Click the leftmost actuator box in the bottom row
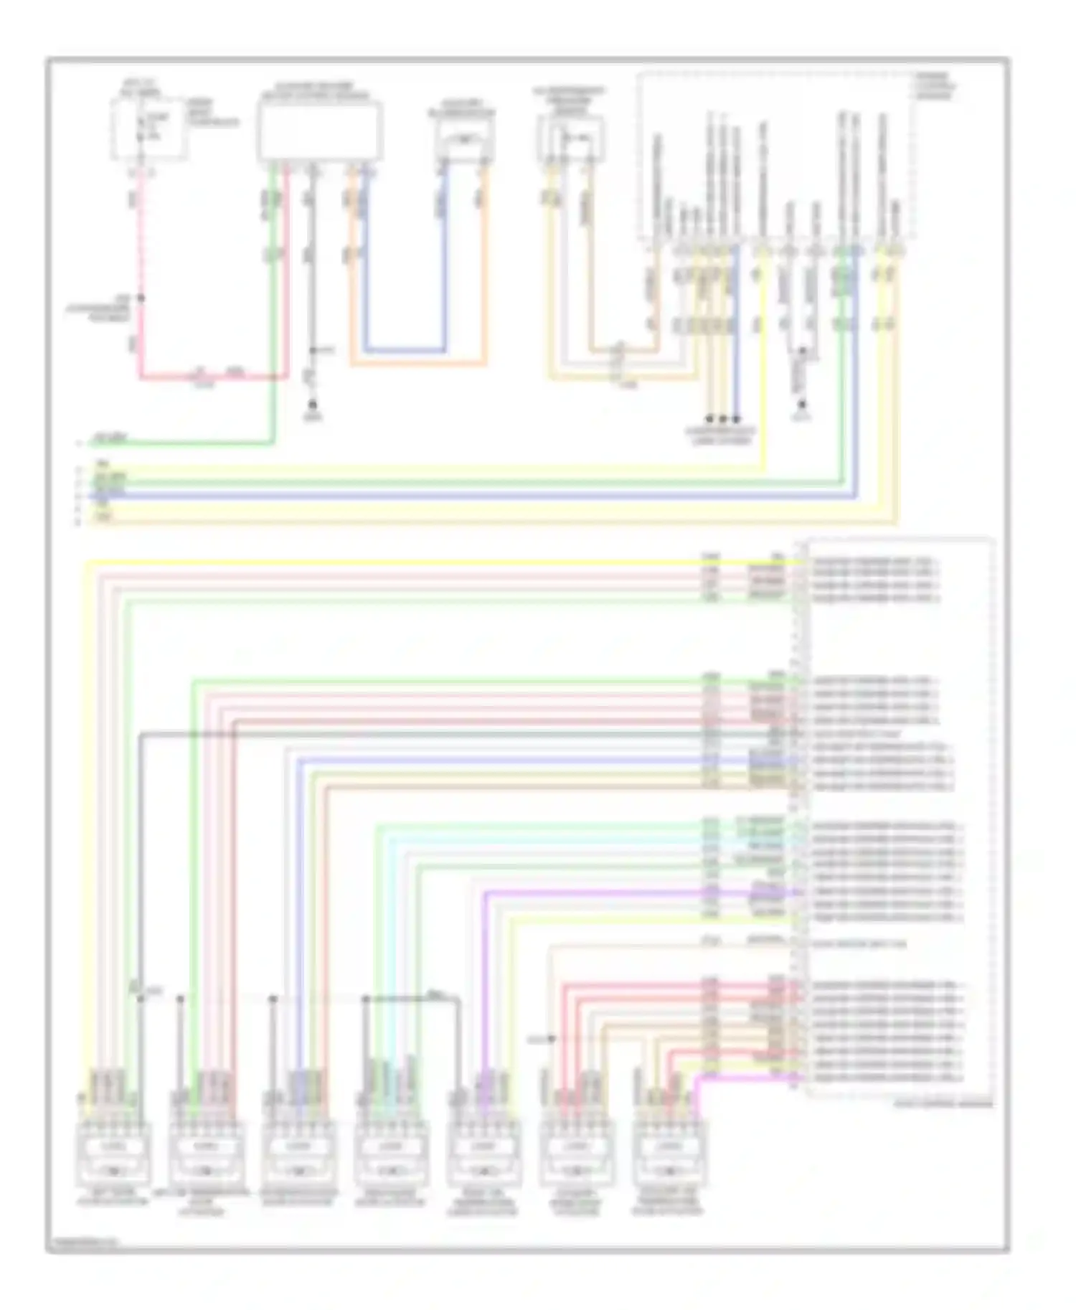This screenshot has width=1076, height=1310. click(113, 1154)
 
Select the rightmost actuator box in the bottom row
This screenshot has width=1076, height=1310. click(670, 1154)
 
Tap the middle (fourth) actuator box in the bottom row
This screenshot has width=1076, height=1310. click(391, 1154)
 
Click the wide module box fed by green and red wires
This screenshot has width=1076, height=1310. click(319, 131)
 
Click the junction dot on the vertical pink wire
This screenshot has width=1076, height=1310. click(141, 298)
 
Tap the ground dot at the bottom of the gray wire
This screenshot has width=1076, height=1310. click(312, 405)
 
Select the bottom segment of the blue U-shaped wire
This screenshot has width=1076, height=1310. click(405, 351)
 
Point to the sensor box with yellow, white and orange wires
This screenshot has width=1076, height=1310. click(570, 138)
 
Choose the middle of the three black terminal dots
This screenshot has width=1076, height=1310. click(723, 418)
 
